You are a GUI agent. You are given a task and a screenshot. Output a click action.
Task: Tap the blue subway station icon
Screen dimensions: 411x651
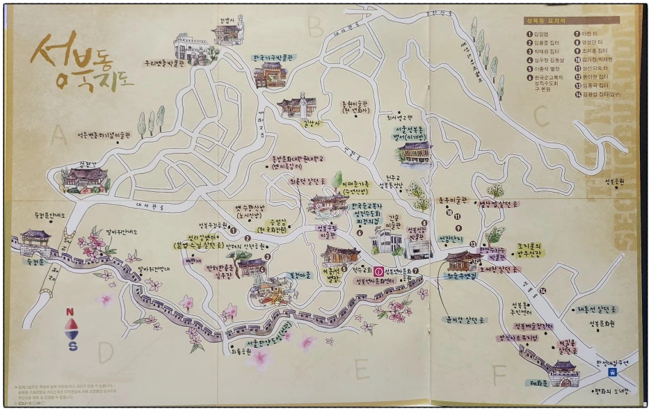click(x=611, y=372)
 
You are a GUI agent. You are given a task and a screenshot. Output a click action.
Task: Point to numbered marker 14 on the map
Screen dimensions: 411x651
click(x=542, y=290)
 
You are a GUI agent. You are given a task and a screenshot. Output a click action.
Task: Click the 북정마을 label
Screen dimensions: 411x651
click(x=282, y=275)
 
